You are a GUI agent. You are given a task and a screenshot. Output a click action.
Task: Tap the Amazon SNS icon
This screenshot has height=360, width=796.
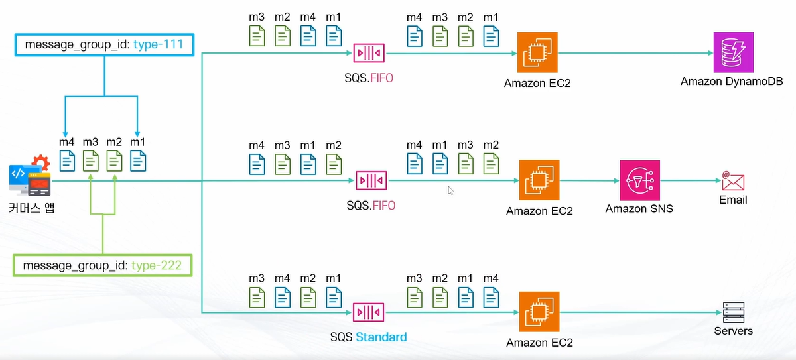[x=639, y=180]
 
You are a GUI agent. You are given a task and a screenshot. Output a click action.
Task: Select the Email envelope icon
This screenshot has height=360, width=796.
[x=733, y=180]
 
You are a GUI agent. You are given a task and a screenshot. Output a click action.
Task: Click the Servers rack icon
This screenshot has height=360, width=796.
[x=733, y=312]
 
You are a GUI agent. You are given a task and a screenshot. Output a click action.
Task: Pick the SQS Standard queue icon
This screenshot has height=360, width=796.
[x=368, y=312]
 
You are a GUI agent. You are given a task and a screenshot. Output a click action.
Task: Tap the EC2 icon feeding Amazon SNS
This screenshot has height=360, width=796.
[x=539, y=180]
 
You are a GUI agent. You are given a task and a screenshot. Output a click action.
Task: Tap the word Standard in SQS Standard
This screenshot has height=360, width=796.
[x=381, y=337]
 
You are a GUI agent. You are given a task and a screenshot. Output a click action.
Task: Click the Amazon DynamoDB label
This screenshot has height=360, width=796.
[x=732, y=81]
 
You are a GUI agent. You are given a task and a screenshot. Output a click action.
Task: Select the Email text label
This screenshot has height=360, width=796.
[x=733, y=200]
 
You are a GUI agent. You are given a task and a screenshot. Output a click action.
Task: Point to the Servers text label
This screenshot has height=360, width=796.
[x=733, y=330]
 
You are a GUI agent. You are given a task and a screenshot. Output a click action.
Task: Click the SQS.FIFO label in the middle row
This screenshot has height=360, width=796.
[x=371, y=206]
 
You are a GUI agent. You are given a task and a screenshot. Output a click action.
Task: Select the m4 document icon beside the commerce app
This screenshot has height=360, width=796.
[x=67, y=161]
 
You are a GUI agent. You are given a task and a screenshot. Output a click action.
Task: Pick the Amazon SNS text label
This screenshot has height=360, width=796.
[x=639, y=209]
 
